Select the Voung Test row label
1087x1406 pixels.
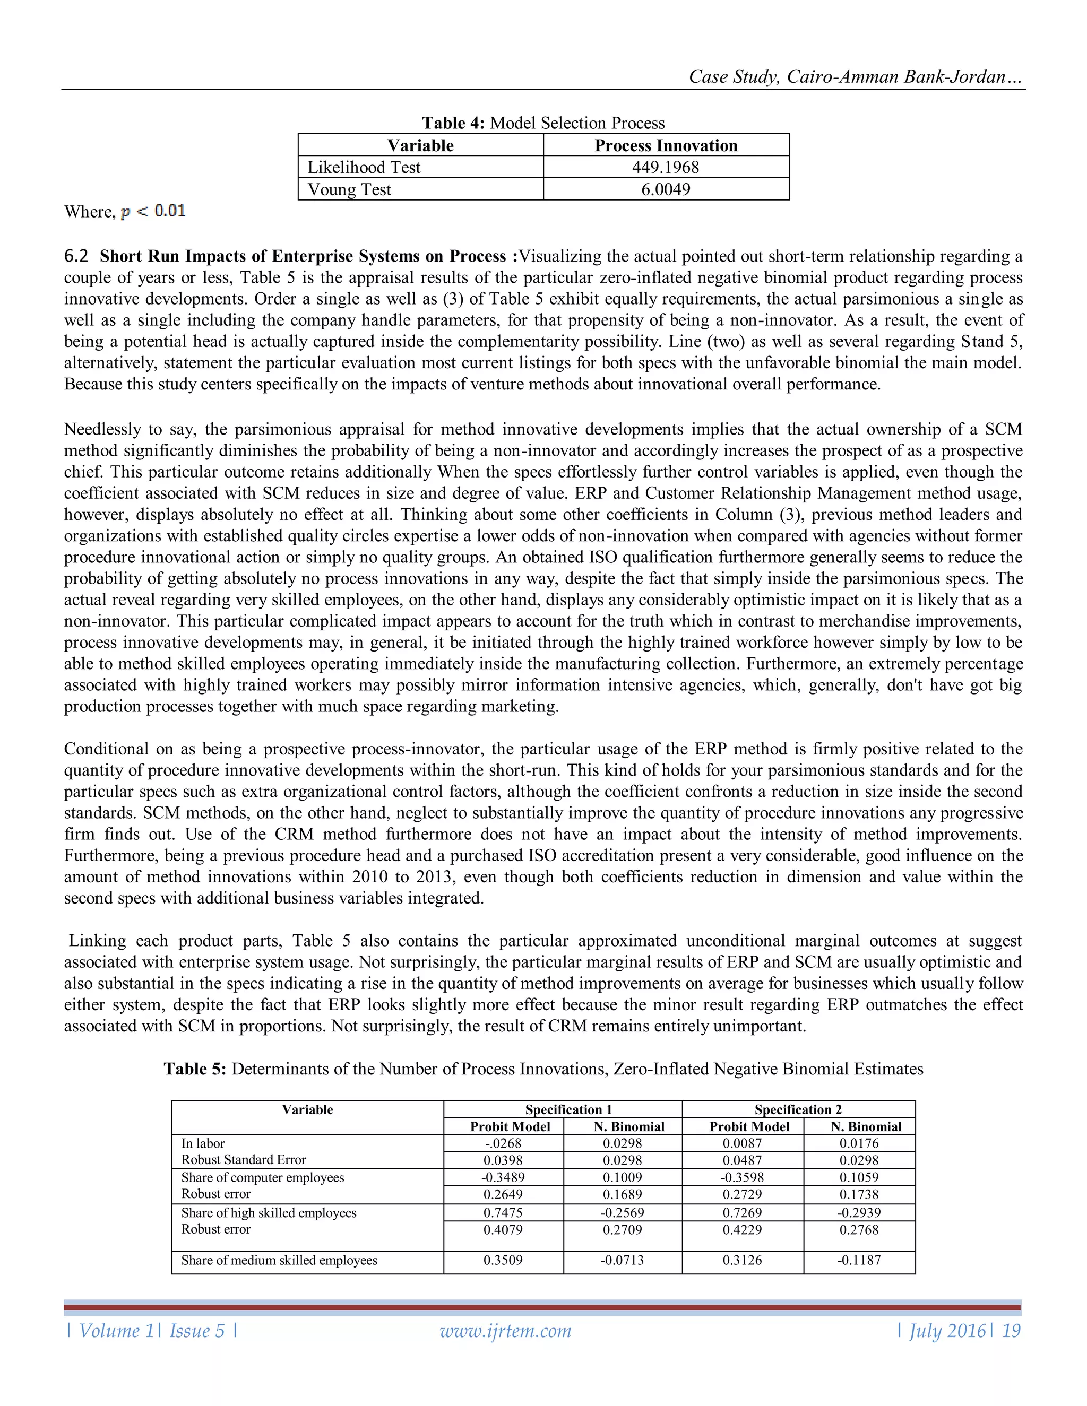pyautogui.click(x=349, y=190)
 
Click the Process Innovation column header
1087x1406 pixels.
pyautogui.click(x=666, y=145)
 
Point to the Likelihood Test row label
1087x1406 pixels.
pyautogui.click(x=364, y=167)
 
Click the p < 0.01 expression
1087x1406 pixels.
pyautogui.click(x=153, y=211)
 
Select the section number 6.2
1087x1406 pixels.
pyautogui.click(x=76, y=256)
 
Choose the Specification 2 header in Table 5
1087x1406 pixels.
pyautogui.click(x=798, y=1109)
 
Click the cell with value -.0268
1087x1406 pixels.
pyautogui.click(x=503, y=1143)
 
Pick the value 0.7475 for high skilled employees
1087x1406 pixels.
pyautogui.click(x=503, y=1213)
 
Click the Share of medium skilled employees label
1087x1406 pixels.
pyautogui.click(x=279, y=1261)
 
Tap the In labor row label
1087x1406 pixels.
pyautogui.click(x=203, y=1143)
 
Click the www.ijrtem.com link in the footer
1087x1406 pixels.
pyautogui.click(x=505, y=1331)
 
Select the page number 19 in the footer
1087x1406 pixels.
pyautogui.click(x=1011, y=1331)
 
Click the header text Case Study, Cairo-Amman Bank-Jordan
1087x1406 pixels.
pyautogui.click(x=855, y=76)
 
